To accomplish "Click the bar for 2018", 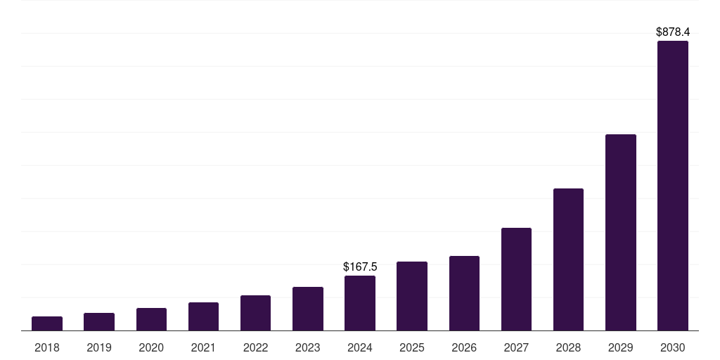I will (x=47, y=323).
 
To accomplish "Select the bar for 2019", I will (x=99, y=322).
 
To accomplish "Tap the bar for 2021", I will (x=203, y=316).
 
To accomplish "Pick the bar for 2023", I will (x=308, y=309).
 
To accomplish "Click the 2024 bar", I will (x=360, y=303).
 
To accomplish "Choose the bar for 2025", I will (x=412, y=296).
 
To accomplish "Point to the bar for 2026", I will (x=464, y=293).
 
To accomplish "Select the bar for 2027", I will (x=516, y=279).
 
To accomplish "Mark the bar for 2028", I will (x=568, y=259).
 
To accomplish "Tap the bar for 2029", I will (x=621, y=232).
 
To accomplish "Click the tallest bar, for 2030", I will (x=673, y=186).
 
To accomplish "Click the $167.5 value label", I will (x=360, y=267).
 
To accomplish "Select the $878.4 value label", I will (x=673, y=32).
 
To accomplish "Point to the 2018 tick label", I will (x=47, y=347).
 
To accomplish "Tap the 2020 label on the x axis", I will (x=151, y=347).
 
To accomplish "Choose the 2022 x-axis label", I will (x=255, y=347).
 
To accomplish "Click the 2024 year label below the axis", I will (x=360, y=347).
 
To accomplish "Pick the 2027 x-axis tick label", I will (x=516, y=347).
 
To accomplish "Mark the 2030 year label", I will (x=673, y=347).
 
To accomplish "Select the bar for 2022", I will (x=255, y=313).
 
